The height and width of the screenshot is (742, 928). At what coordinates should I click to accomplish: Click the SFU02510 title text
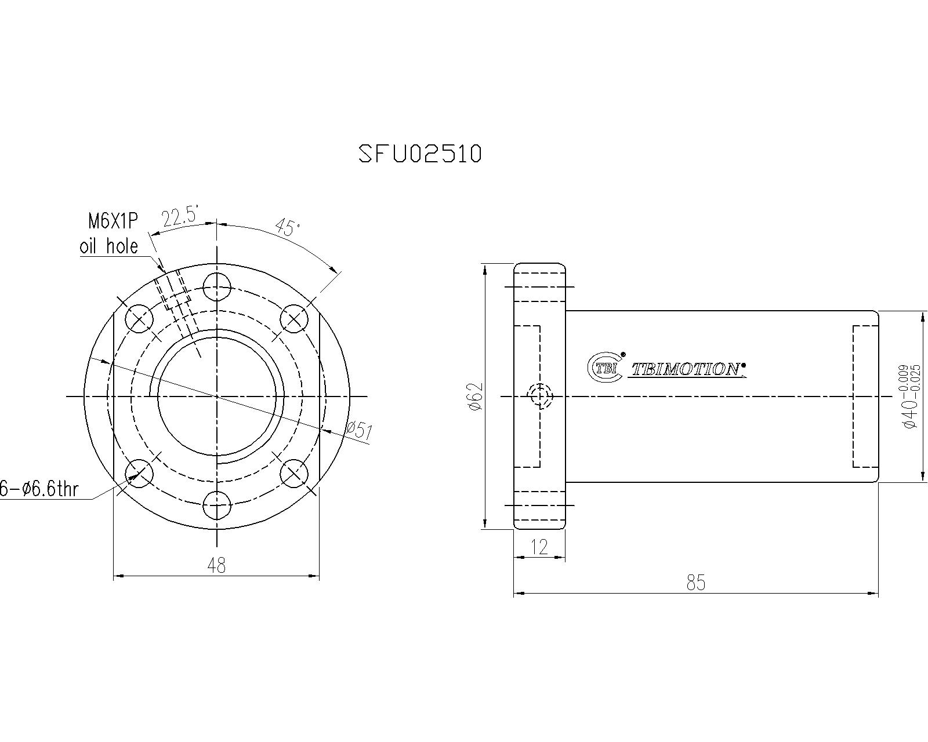(420, 154)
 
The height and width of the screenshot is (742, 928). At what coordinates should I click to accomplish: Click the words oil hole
(109, 246)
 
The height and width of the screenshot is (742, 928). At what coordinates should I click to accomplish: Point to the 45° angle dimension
(288, 227)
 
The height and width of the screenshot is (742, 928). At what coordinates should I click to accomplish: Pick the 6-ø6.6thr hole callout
(38, 489)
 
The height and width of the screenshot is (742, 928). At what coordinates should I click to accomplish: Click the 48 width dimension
(216, 565)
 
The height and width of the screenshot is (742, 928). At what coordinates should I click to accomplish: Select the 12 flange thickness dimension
(539, 547)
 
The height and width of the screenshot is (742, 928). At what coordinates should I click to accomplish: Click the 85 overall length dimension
(695, 583)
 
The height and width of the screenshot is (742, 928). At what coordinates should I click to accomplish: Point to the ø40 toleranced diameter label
(909, 397)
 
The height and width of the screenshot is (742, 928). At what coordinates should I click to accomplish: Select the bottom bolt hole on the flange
(217, 505)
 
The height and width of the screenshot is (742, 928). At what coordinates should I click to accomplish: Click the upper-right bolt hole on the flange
(294, 319)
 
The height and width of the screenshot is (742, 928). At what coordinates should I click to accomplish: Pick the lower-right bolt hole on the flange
(294, 473)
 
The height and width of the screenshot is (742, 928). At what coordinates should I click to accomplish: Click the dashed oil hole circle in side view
(540, 397)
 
